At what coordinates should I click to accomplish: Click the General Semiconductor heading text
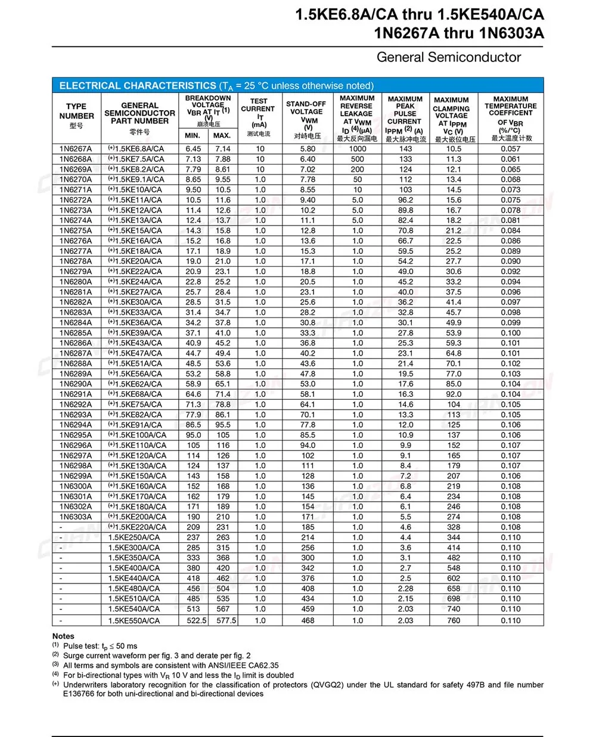coord(448,57)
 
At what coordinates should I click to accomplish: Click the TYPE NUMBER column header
coord(76,116)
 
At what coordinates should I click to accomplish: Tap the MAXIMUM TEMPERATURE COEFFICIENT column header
coord(510,117)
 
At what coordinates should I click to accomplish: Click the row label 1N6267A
coord(76,149)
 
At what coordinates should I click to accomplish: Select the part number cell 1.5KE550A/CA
coord(134,620)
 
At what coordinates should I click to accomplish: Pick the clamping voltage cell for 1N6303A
coord(454,517)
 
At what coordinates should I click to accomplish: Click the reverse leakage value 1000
coord(358,149)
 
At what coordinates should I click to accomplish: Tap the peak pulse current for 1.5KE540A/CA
coord(405,609)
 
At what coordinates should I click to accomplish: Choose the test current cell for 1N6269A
coord(260,169)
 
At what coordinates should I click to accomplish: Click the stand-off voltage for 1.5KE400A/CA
coord(308,568)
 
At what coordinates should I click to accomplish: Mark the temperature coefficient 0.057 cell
coord(510,149)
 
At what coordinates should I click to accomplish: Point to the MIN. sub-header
coord(193,136)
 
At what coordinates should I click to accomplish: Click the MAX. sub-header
coord(222,136)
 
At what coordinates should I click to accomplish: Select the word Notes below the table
coord(63,636)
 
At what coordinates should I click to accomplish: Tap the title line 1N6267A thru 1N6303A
coord(459,33)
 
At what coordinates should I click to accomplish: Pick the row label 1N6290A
coord(76,384)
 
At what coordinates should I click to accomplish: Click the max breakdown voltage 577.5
coord(226,620)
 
